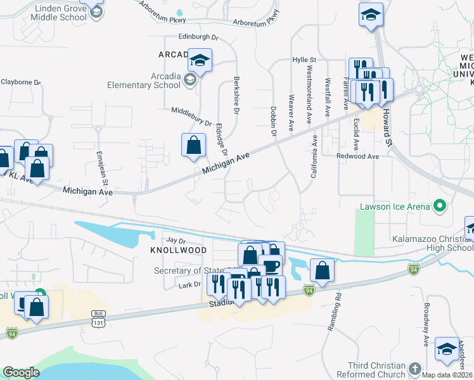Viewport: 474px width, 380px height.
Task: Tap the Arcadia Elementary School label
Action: [x=143, y=80]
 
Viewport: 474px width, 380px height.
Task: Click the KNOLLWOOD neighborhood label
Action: [x=178, y=251]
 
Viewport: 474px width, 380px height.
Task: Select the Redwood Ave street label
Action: [x=357, y=156]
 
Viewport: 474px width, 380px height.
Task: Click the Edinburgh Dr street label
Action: [x=189, y=37]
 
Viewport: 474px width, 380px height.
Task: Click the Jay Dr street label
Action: [x=175, y=241]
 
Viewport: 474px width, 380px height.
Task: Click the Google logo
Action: [x=21, y=372]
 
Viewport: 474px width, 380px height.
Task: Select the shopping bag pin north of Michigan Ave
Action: [x=193, y=145]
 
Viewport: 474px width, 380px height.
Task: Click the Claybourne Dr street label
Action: [x=20, y=82]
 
